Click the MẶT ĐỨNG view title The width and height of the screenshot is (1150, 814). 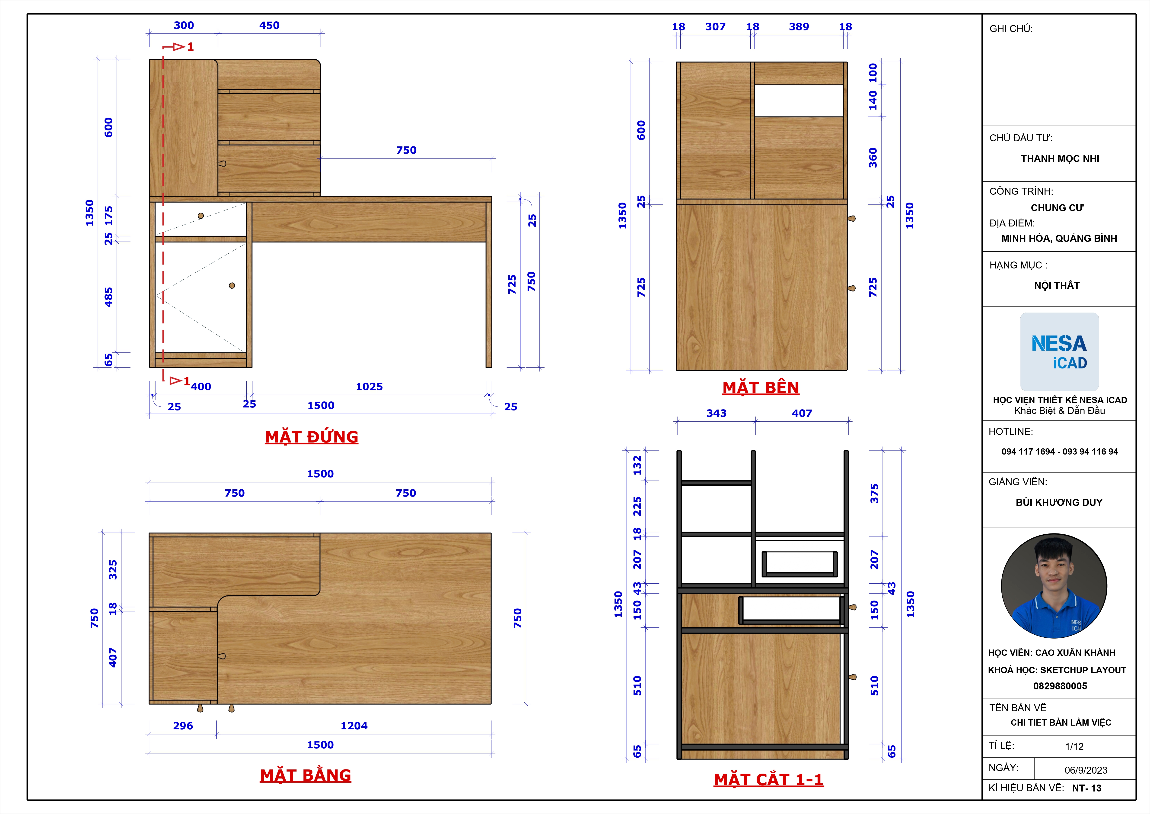[x=312, y=437]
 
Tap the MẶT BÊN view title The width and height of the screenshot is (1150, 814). [x=761, y=388]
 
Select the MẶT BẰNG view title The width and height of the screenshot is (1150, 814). [x=306, y=775]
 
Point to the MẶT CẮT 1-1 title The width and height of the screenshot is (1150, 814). [x=769, y=780]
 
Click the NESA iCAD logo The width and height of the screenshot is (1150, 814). [x=1059, y=352]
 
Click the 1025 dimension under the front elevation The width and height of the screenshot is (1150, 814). [x=369, y=386]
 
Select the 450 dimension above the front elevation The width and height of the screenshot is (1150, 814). [x=269, y=25]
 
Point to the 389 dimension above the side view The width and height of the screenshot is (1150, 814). [x=799, y=26]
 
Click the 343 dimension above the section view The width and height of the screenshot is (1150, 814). [x=716, y=413]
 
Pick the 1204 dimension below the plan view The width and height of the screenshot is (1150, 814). [x=354, y=726]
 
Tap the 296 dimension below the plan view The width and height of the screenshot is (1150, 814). [x=183, y=726]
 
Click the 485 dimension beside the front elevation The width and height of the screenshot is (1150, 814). [x=108, y=297]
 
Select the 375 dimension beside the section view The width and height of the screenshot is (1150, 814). [x=874, y=493]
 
